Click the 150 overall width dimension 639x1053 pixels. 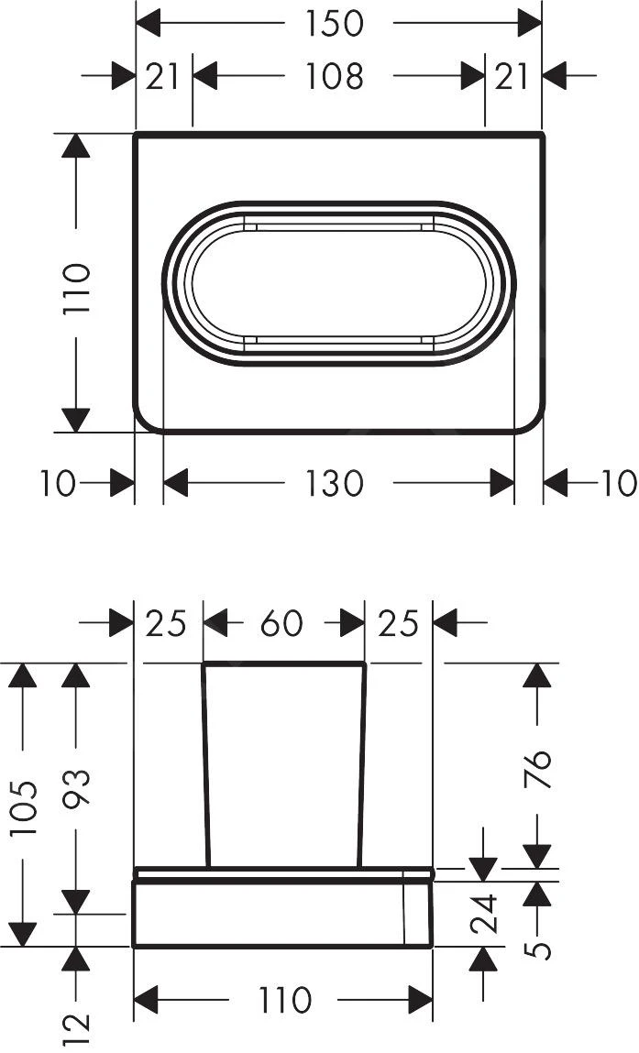pyautogui.click(x=335, y=24)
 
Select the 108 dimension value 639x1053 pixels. pyautogui.click(x=335, y=77)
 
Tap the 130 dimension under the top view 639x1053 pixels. pyautogui.click(x=335, y=483)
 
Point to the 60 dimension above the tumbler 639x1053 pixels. pyautogui.click(x=281, y=625)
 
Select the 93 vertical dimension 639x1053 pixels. pyautogui.click(x=76, y=790)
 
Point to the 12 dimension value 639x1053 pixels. pyautogui.click(x=77, y=1027)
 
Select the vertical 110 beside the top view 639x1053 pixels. pyautogui.click(x=77, y=289)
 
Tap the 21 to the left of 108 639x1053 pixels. pyautogui.click(x=163, y=77)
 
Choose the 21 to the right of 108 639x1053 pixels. pyautogui.click(x=512, y=77)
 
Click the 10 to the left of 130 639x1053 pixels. pyautogui.click(x=58, y=483)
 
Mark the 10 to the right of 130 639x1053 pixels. pyautogui.click(x=619, y=483)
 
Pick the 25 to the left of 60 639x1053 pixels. pyautogui.click(x=166, y=625)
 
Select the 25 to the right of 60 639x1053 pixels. pyautogui.click(x=398, y=625)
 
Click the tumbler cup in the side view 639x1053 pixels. pyautogui.click(x=283, y=761)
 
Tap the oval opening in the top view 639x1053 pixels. pyautogui.click(x=338, y=282)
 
